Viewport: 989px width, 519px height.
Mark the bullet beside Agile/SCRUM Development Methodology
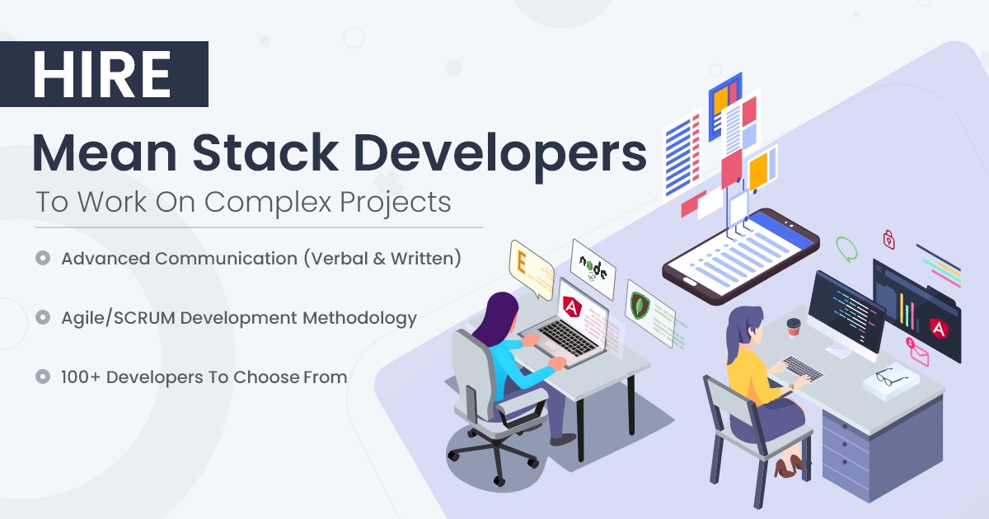click(x=41, y=317)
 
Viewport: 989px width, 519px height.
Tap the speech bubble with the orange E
click(x=530, y=267)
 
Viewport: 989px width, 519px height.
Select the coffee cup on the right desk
click(x=794, y=328)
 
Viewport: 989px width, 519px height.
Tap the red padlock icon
click(x=889, y=239)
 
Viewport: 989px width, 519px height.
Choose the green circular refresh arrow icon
click(x=847, y=247)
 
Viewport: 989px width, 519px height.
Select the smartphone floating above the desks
click(x=741, y=246)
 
